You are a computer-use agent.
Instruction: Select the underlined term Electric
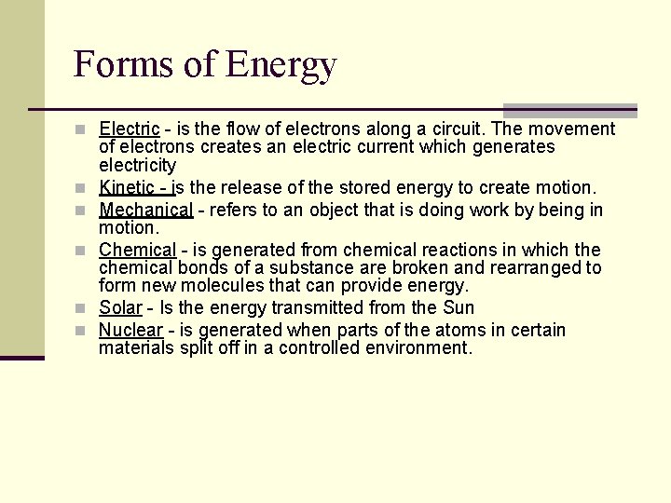click(x=129, y=129)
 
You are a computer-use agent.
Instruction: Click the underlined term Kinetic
click(x=127, y=187)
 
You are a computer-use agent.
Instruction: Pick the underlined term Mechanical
click(x=145, y=210)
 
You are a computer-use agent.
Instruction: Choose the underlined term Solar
click(x=120, y=307)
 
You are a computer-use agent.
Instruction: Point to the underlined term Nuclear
click(x=130, y=330)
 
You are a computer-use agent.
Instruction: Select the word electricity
click(x=137, y=165)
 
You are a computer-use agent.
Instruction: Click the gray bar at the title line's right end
click(x=569, y=110)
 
